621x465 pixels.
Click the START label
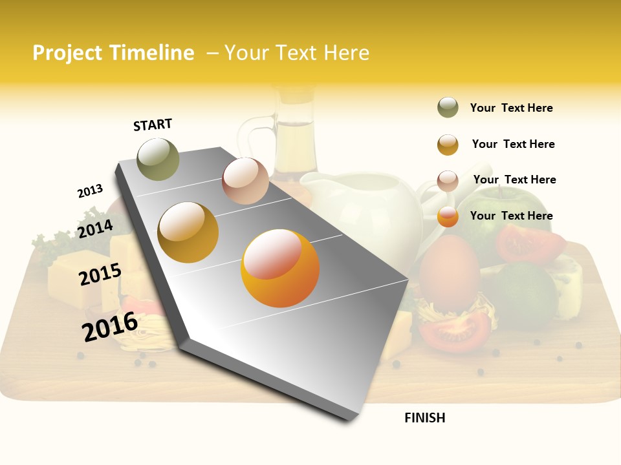(153, 125)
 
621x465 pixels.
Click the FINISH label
(424, 418)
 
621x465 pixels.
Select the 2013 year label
(90, 191)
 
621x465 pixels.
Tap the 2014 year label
(96, 229)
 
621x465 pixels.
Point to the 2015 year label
(100, 274)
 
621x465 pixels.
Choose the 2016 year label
(110, 326)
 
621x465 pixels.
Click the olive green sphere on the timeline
(158, 159)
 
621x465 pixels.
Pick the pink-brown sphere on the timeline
(245, 181)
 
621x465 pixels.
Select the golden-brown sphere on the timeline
(188, 232)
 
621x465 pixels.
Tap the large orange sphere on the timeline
(280, 267)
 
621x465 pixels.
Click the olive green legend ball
(448, 108)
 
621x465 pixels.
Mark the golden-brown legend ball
(448, 145)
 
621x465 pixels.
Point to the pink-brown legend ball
(448, 180)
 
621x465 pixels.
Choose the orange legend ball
(448, 216)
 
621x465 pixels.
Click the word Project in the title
(67, 53)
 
